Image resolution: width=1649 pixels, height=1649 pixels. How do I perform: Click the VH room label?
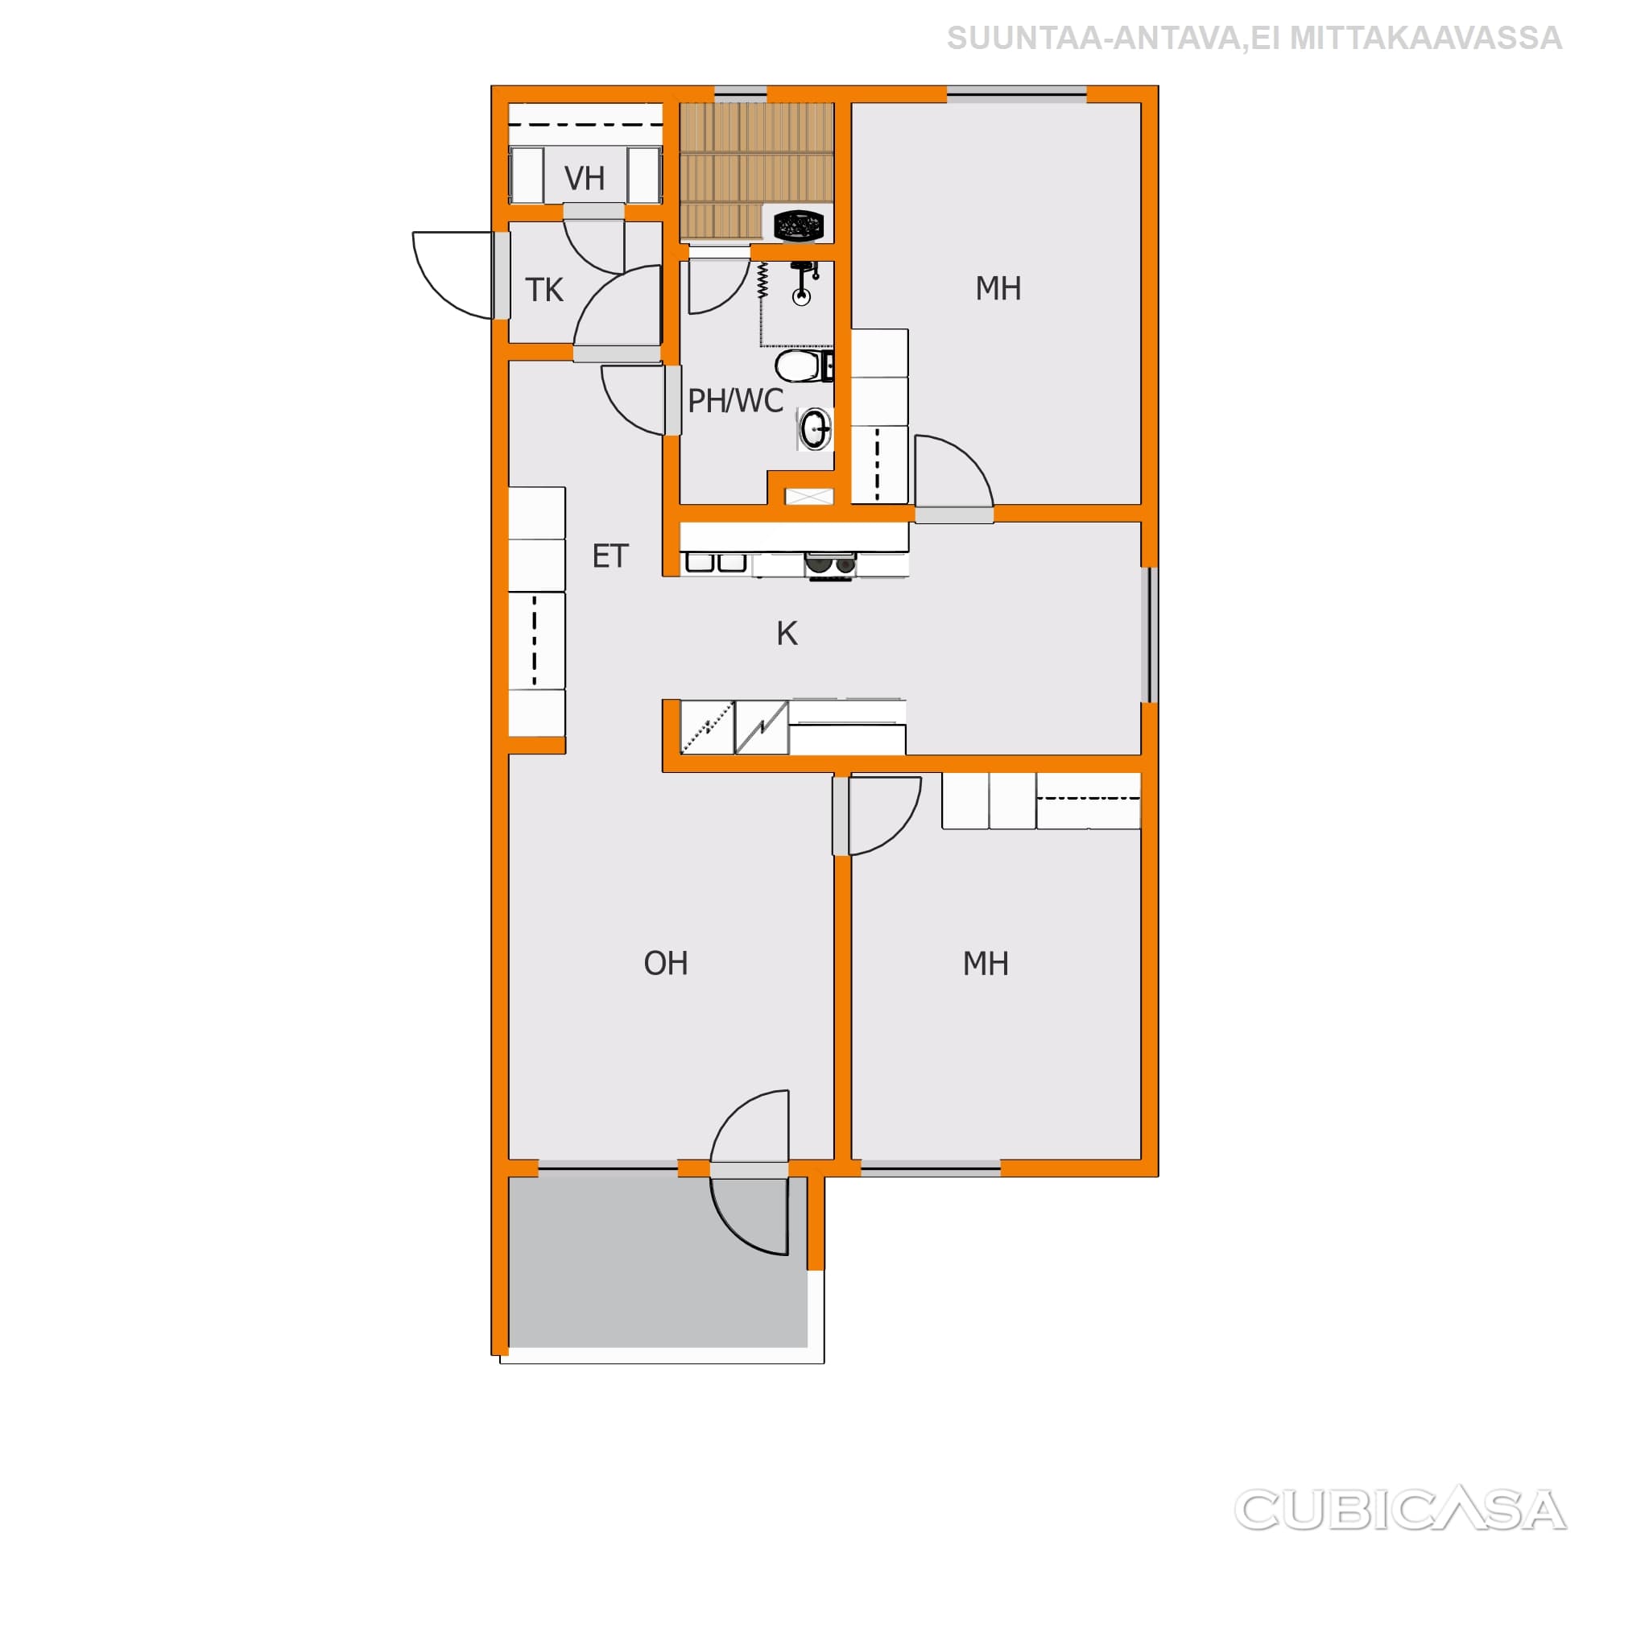click(x=585, y=179)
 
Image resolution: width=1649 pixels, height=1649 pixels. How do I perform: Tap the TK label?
click(x=543, y=290)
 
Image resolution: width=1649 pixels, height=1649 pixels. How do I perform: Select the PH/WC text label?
click(x=735, y=400)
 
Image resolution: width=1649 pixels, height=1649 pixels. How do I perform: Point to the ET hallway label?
click(x=610, y=556)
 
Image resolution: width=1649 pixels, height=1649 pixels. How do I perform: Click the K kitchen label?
click(x=787, y=634)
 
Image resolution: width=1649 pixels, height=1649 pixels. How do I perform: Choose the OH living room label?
click(x=666, y=964)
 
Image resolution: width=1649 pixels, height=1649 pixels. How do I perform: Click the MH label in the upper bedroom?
click(x=998, y=288)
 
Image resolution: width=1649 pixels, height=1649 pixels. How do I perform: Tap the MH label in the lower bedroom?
click(x=986, y=964)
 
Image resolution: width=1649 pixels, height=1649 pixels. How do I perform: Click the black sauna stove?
click(x=798, y=226)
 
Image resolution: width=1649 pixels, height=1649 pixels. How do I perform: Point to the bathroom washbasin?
click(x=815, y=428)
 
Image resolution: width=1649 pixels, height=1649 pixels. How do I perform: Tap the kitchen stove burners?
click(x=829, y=564)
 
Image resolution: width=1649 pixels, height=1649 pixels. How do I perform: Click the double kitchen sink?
click(x=716, y=563)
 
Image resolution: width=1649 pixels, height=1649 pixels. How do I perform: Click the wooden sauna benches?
click(x=756, y=171)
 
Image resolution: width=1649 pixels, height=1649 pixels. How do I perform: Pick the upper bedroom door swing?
click(x=954, y=470)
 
